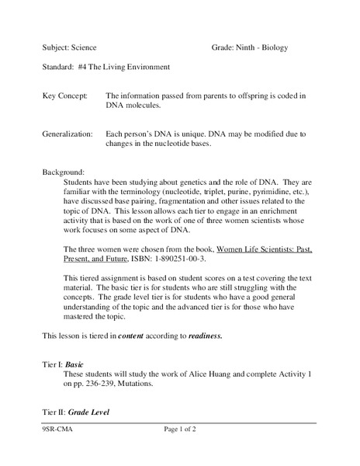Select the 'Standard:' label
point(59,68)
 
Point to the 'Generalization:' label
point(70,134)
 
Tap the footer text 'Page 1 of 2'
point(183,450)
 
